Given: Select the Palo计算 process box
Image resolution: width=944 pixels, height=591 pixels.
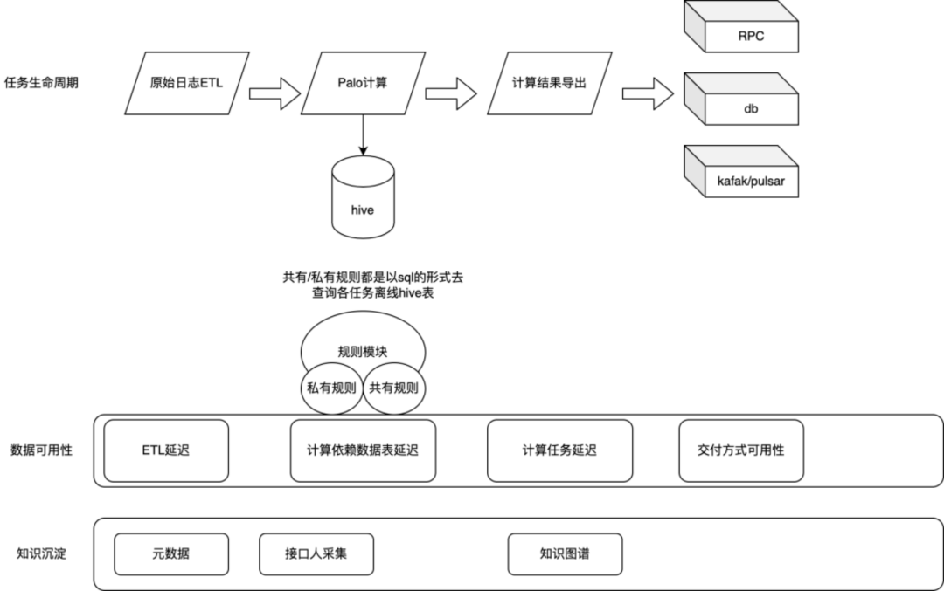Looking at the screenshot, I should [x=362, y=84].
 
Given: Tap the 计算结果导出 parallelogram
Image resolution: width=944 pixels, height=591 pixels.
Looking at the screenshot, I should [x=548, y=84].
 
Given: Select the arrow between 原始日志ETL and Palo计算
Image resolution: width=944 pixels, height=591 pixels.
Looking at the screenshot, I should [x=273, y=90].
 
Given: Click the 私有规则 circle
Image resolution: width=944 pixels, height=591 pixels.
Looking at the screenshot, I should [x=331, y=388].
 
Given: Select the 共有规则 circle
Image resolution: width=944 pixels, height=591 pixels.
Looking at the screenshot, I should [x=394, y=388].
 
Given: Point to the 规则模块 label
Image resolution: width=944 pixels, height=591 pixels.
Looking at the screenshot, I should [x=362, y=351].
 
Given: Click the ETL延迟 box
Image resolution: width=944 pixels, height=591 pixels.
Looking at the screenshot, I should [x=166, y=450].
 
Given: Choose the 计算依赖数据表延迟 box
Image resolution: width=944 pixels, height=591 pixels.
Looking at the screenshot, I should [x=362, y=450].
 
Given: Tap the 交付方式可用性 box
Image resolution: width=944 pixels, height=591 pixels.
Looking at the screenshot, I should [x=740, y=450].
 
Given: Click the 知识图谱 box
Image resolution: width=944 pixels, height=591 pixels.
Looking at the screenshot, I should [x=565, y=554].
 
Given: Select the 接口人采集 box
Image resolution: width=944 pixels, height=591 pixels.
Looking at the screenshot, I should [x=316, y=554].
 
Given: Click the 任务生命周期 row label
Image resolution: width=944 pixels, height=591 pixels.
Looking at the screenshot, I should [x=41, y=84].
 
